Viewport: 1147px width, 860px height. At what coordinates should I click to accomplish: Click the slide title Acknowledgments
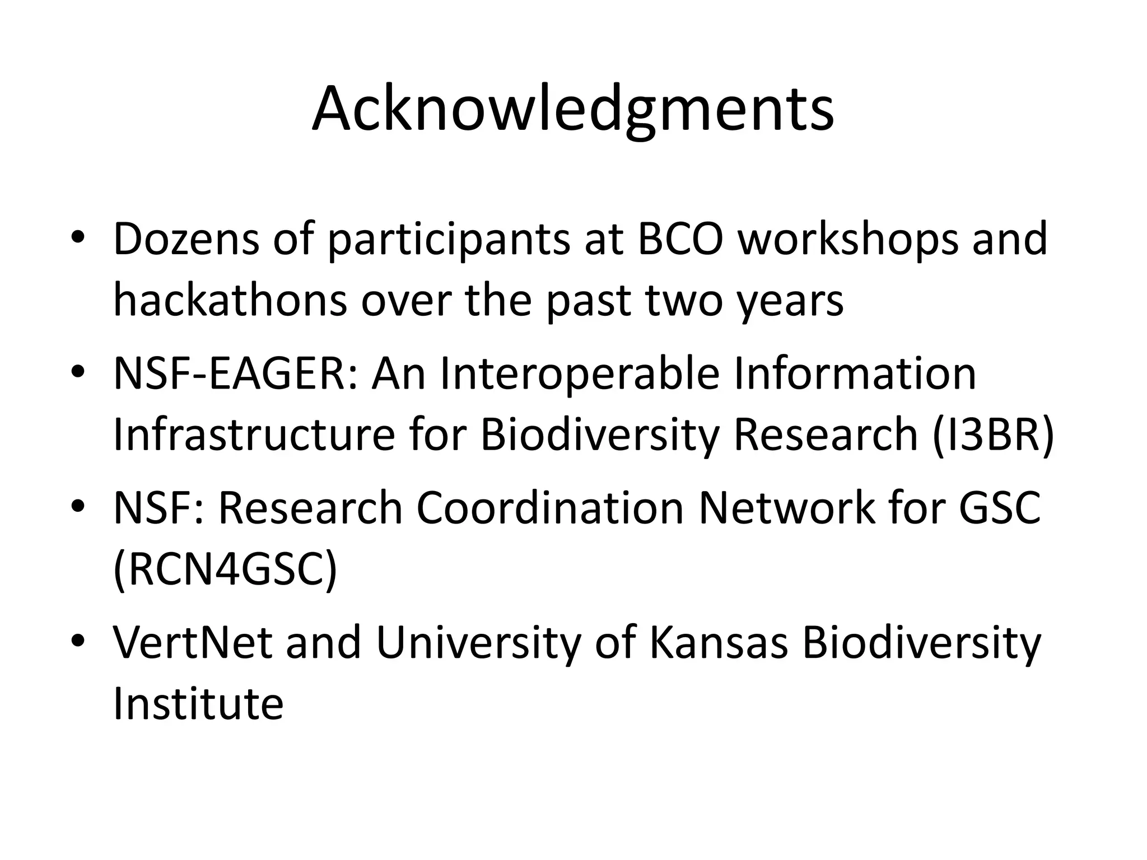click(573, 110)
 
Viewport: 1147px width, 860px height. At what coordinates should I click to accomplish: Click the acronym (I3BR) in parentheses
click(993, 436)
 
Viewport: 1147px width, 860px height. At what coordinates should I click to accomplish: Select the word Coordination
click(550, 508)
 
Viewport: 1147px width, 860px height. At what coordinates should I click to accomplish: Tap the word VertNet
click(193, 643)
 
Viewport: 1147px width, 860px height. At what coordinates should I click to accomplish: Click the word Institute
click(198, 704)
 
